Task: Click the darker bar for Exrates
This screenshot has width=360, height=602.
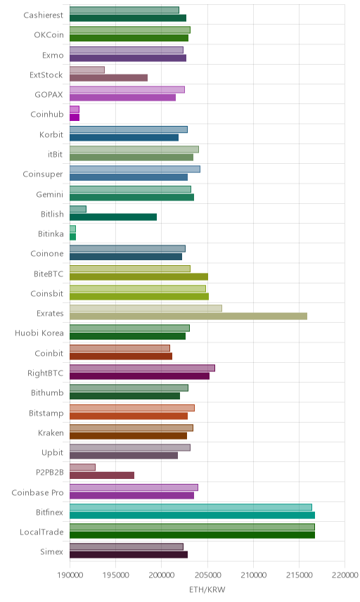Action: (x=188, y=316)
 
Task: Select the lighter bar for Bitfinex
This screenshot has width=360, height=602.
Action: (x=191, y=507)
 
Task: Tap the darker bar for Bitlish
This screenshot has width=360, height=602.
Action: (x=113, y=217)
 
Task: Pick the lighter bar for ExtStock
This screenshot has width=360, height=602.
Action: (x=87, y=70)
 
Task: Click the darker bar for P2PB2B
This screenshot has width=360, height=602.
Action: (x=102, y=475)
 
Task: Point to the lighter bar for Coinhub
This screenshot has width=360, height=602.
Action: (x=75, y=110)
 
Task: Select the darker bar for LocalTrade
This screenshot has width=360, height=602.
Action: (x=192, y=534)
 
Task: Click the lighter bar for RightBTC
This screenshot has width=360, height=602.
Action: (x=143, y=368)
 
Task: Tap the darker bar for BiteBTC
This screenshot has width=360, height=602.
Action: (x=139, y=276)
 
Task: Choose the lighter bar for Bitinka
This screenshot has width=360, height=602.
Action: (x=73, y=229)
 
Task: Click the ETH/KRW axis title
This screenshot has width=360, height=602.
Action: (x=207, y=590)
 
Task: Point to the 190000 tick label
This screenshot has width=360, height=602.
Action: (x=70, y=575)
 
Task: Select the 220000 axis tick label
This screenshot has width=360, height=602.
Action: (x=345, y=575)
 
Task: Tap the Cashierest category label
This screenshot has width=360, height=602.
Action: (x=44, y=15)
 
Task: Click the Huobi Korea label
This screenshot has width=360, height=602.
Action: (x=39, y=333)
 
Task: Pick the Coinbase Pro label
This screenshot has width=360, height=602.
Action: (x=37, y=492)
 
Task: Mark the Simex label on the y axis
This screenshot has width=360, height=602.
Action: (x=52, y=551)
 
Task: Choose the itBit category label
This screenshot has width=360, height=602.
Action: (x=56, y=154)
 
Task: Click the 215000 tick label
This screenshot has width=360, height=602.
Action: (x=299, y=575)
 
